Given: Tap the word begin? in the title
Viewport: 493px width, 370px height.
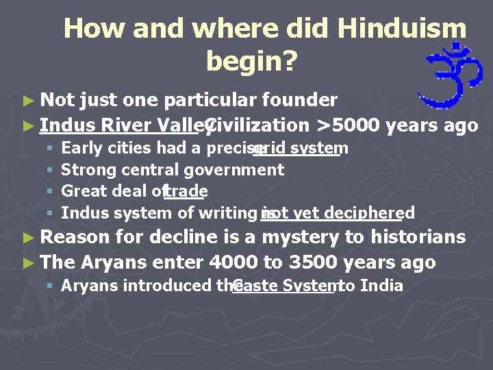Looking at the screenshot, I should [251, 62].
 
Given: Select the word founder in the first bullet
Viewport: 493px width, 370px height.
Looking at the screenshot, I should [300, 101].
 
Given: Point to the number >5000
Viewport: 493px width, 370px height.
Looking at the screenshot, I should [348, 125].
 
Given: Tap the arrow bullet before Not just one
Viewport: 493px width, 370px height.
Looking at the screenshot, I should [27, 101].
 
